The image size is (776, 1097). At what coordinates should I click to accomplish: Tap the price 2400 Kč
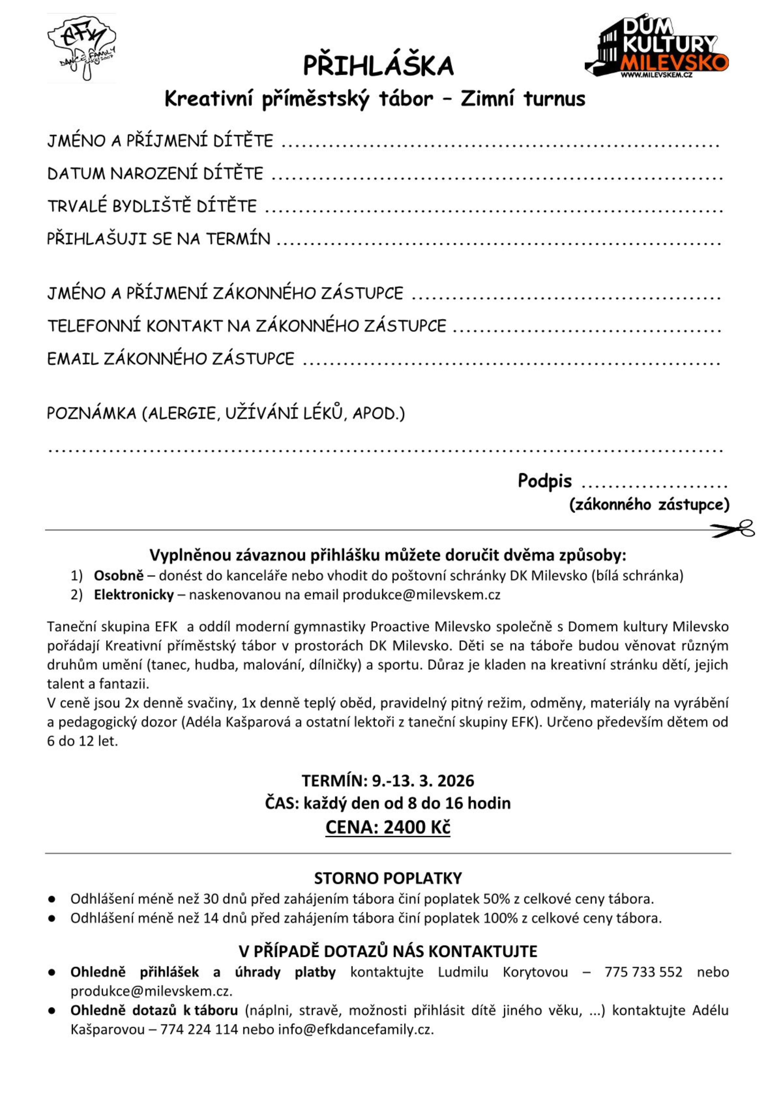pyautogui.click(x=417, y=827)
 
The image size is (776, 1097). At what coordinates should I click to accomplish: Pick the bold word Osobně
pyautogui.click(x=119, y=575)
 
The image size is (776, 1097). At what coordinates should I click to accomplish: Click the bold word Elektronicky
pyautogui.click(x=134, y=595)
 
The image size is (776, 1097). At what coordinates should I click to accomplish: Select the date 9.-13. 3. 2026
pyautogui.click(x=423, y=781)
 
